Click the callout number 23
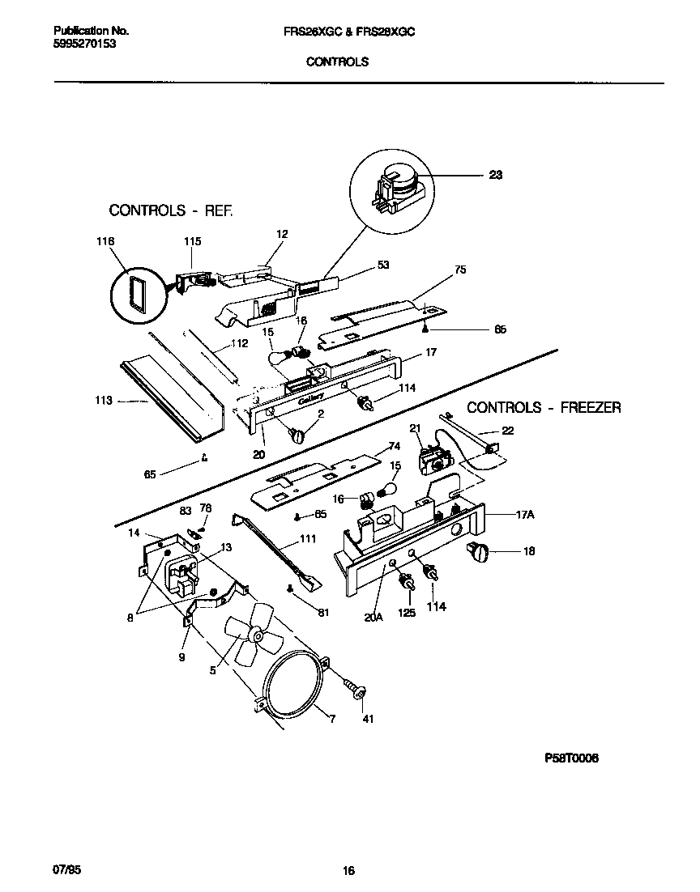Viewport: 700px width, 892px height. click(495, 175)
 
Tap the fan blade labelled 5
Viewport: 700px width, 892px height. click(250, 635)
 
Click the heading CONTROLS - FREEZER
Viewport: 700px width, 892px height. click(544, 408)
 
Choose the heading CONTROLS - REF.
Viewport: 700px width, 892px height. click(171, 210)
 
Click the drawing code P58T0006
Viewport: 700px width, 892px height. click(571, 758)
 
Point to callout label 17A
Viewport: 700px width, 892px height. click(525, 514)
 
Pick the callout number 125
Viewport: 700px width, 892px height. click(407, 613)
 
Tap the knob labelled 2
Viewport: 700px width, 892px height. click(297, 435)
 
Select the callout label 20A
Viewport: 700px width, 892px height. click(373, 616)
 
